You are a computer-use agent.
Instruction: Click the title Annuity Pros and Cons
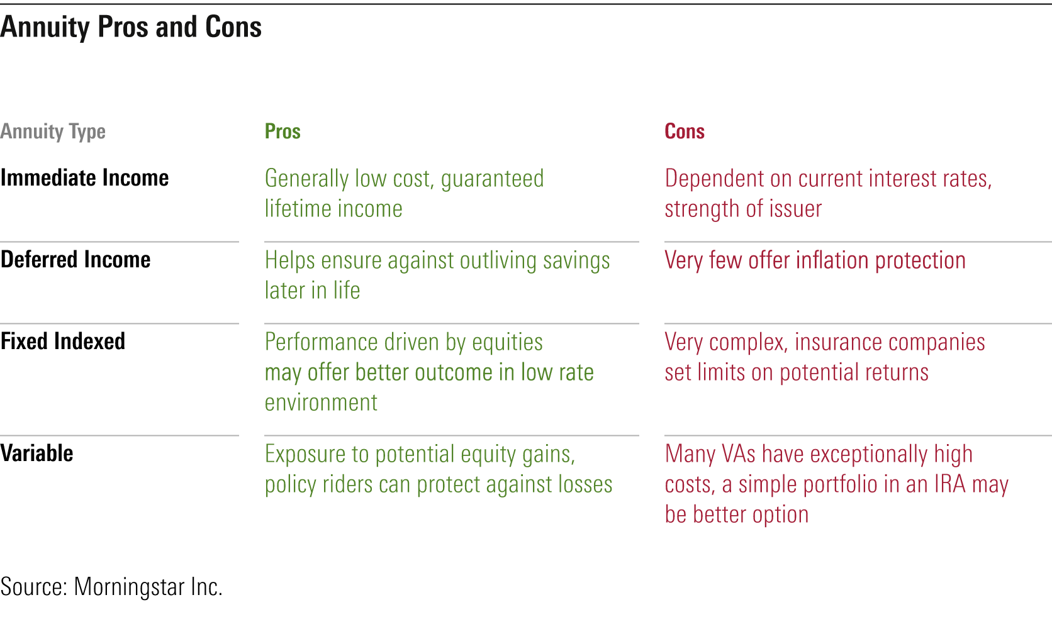pos(131,27)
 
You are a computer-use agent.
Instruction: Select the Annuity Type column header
pos(53,132)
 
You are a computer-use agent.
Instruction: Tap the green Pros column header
pos(283,131)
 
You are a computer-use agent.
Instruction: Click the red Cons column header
pos(685,131)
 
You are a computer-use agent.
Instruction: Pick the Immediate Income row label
pos(84,178)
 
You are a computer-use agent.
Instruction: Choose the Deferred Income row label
pos(75,260)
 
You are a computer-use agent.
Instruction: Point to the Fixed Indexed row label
pos(62,342)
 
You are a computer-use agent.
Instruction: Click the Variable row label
pos(36,454)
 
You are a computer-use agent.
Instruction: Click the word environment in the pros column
pos(321,403)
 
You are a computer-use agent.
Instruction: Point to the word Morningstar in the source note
pos(129,587)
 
